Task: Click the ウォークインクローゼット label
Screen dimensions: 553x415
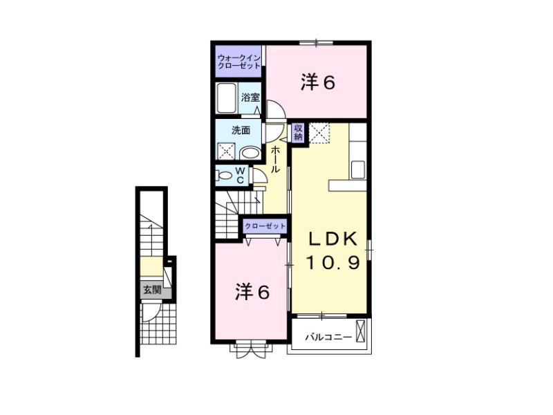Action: click(239, 62)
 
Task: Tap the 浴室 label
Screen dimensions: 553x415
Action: click(250, 97)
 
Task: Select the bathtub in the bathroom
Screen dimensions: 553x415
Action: click(226, 98)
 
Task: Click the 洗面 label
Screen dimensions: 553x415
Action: click(241, 131)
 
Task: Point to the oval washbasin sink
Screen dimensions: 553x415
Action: click(250, 154)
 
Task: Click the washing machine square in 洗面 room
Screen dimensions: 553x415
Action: click(226, 151)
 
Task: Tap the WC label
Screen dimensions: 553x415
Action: click(240, 176)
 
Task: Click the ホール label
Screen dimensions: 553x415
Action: click(275, 160)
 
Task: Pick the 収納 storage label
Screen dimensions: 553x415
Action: click(299, 132)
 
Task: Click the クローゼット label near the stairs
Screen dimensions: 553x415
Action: click(265, 226)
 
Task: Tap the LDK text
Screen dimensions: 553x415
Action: click(333, 239)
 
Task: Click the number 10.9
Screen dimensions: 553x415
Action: click(333, 263)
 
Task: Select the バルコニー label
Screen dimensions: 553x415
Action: click(328, 337)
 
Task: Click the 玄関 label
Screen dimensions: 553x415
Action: click(152, 290)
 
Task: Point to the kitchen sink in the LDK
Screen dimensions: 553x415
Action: click(358, 169)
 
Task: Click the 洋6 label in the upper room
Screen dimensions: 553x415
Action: click(318, 82)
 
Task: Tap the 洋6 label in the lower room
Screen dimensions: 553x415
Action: click(252, 292)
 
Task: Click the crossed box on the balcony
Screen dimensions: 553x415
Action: click(360, 331)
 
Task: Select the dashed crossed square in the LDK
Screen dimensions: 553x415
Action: click(319, 133)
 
